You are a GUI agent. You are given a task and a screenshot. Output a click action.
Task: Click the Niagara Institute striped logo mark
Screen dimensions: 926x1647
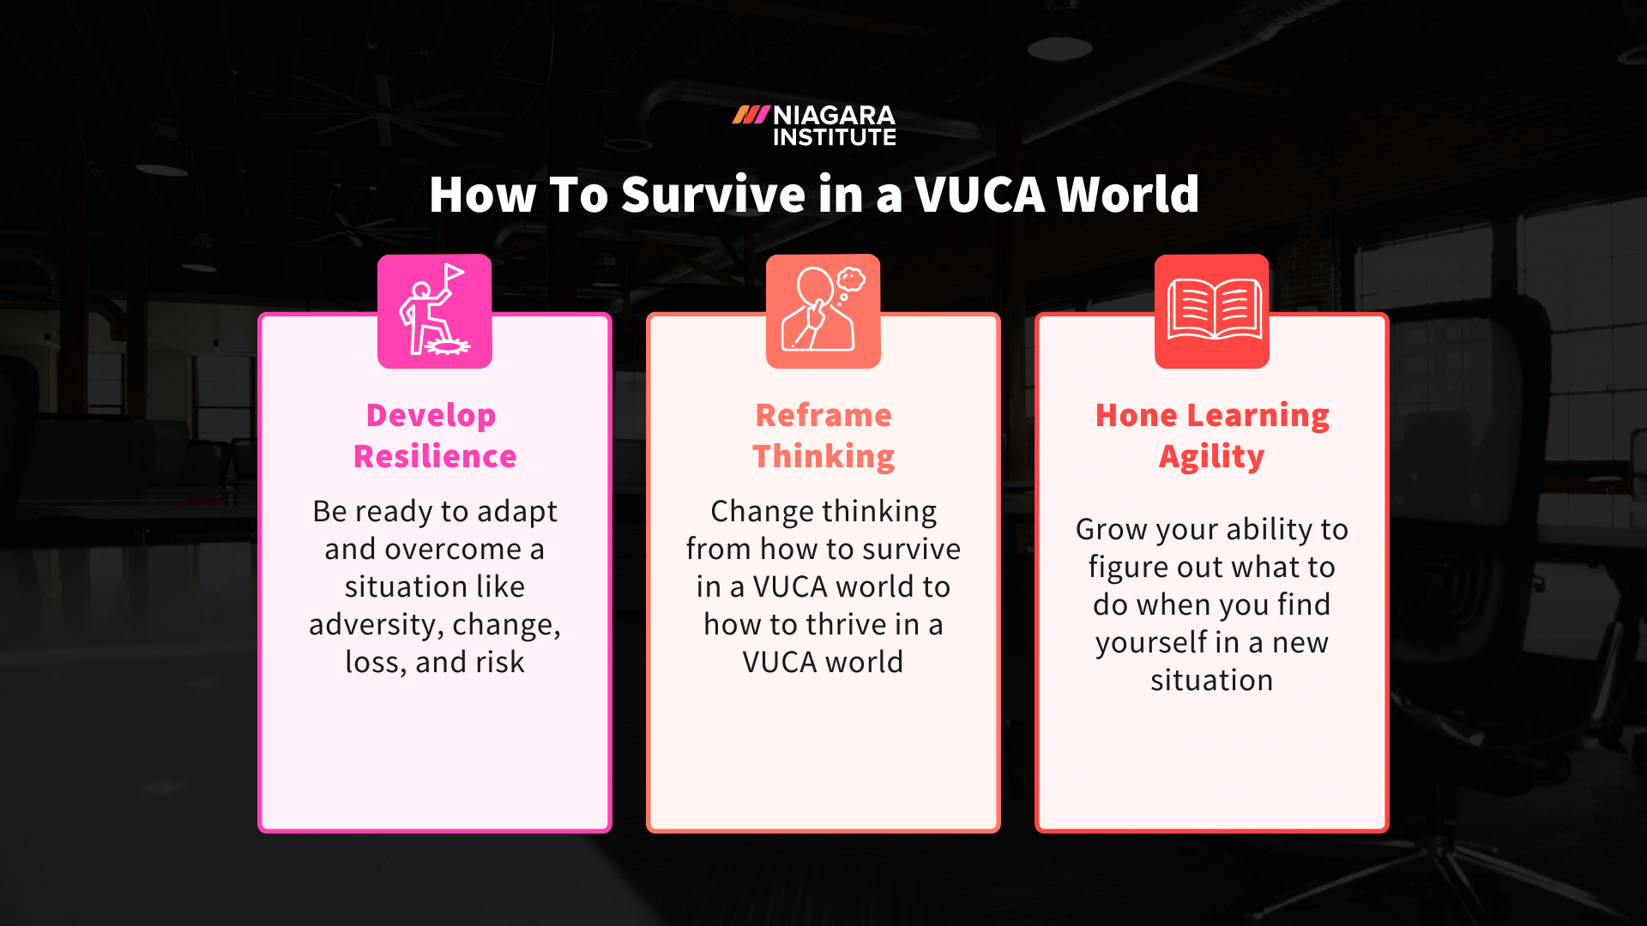tap(751, 115)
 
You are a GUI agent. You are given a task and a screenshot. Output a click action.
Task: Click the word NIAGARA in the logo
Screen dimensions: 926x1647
tap(834, 115)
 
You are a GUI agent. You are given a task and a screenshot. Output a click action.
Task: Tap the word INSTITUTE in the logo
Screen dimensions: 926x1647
tap(834, 137)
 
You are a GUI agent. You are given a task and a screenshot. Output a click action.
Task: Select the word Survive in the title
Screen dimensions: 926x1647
tap(714, 195)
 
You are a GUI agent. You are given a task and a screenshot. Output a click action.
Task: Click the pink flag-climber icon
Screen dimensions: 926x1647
tap(435, 311)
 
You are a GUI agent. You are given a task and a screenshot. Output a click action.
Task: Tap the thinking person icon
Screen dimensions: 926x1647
tap(823, 311)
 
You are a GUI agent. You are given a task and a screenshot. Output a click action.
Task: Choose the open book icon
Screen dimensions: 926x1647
tap(1211, 310)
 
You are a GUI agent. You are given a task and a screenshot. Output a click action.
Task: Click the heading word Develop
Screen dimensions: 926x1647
tap(431, 416)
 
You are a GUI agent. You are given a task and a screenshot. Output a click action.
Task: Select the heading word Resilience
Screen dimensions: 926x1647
tap(435, 457)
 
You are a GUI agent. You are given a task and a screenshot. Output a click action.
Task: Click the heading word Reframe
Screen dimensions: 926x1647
tap(823, 416)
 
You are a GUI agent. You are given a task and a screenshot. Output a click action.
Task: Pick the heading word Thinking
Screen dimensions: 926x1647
tap(823, 457)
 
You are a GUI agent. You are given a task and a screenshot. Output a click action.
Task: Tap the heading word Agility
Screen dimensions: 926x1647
tap(1211, 457)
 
